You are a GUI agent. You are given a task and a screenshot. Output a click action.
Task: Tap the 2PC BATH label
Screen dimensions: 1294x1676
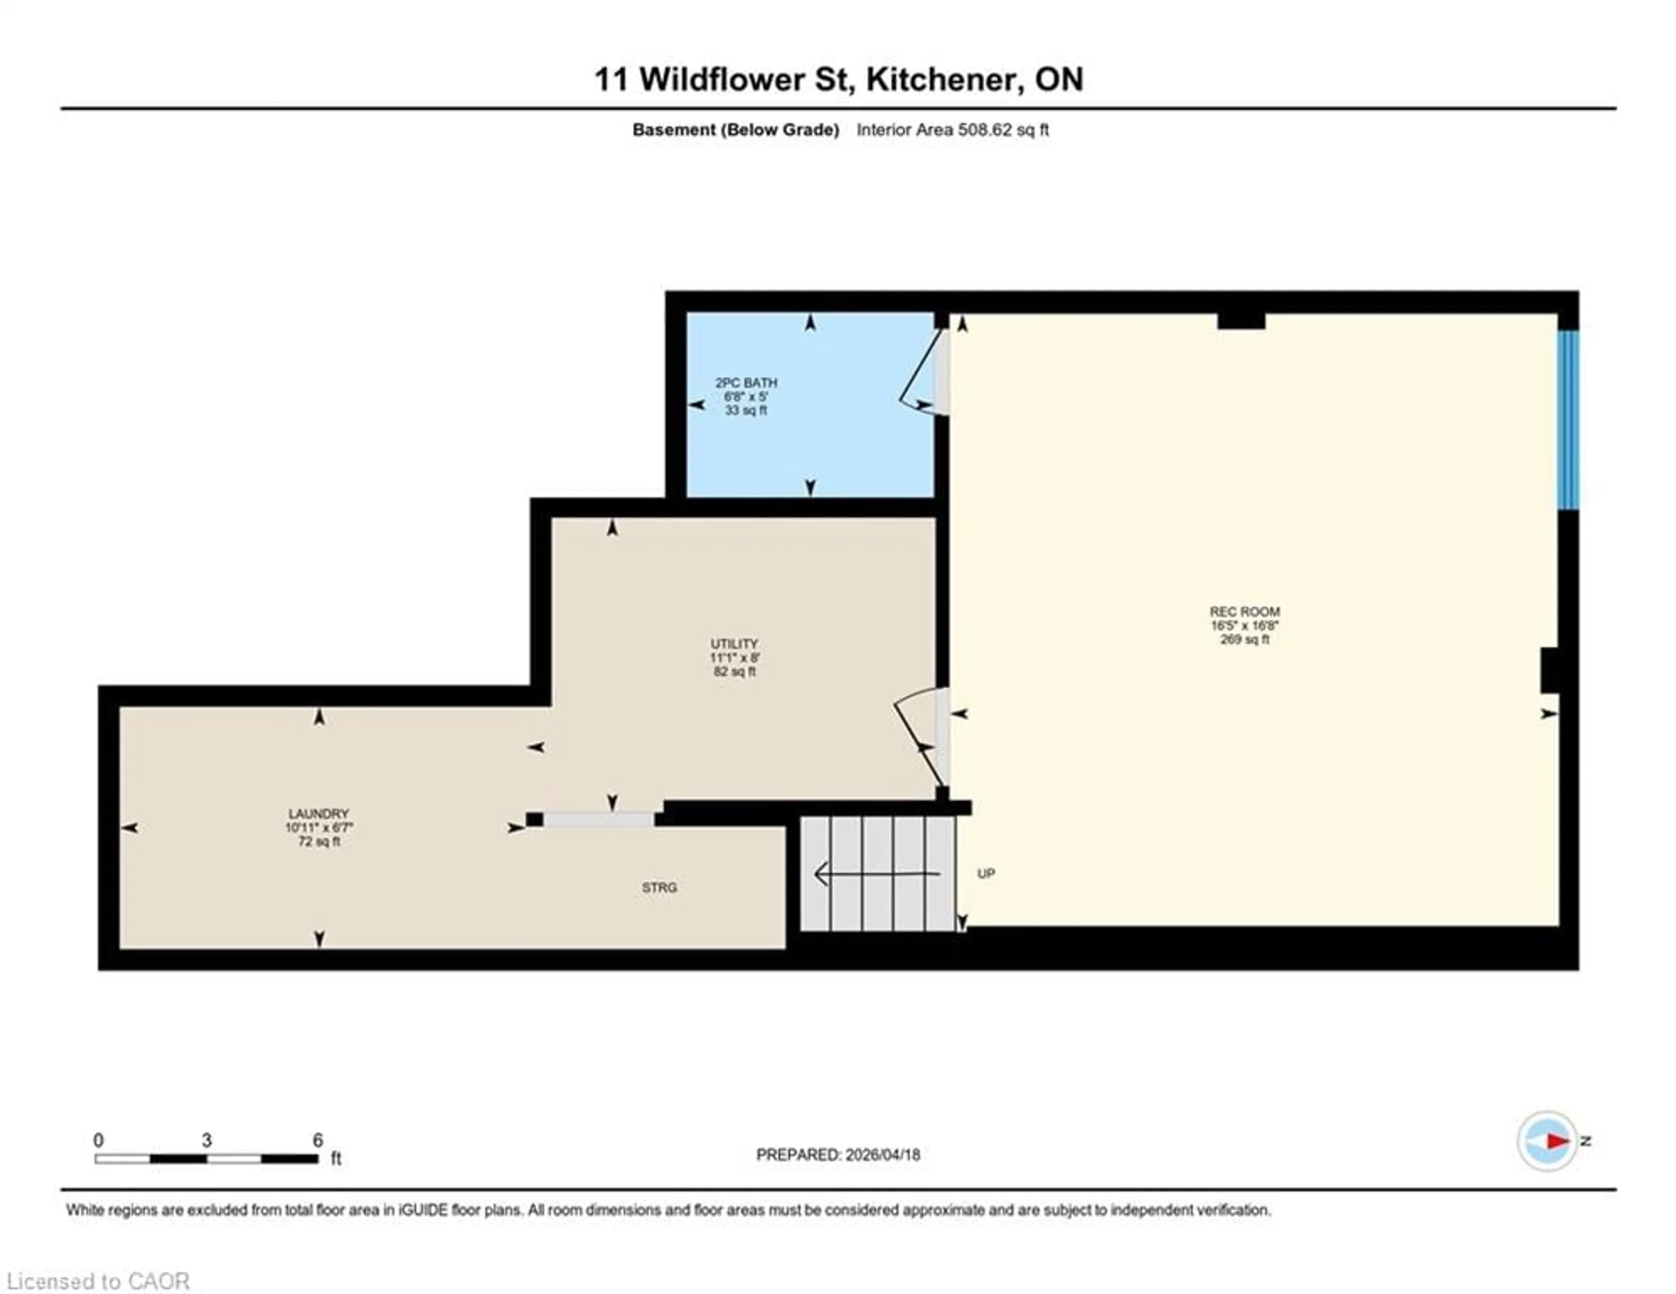746,382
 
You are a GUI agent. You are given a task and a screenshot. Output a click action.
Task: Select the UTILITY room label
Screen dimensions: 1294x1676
734,644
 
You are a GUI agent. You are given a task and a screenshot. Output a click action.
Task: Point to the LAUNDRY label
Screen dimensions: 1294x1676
319,813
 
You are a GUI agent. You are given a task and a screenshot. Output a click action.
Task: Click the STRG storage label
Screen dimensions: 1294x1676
659,887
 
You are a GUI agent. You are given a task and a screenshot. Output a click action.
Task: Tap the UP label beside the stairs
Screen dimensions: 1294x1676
986,874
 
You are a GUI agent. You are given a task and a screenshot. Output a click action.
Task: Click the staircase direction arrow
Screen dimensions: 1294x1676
875,874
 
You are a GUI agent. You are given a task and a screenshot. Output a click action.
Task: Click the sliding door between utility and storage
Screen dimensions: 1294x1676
598,820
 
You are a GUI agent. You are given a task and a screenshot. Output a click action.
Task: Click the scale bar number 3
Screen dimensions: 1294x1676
206,1140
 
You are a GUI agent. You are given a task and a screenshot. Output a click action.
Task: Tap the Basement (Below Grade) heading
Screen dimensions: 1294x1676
735,130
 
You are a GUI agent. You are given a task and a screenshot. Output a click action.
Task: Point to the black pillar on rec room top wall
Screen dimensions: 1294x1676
1241,321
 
